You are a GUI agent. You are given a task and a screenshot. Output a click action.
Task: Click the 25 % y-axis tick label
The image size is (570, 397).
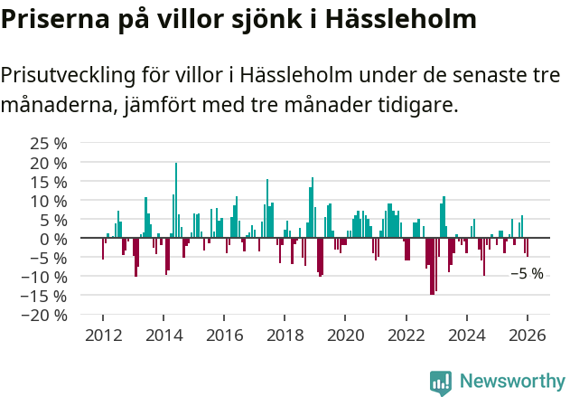tap(49, 144)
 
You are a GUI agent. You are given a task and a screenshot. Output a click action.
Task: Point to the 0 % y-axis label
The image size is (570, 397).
tap(54, 239)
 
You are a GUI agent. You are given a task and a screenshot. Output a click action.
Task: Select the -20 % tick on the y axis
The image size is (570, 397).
tap(44, 315)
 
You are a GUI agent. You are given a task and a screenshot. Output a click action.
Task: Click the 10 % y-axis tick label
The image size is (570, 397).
tap(49, 201)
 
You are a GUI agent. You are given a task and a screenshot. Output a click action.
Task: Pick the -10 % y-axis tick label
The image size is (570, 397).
tap(44, 277)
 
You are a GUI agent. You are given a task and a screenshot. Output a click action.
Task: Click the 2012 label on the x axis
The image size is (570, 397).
tap(103, 336)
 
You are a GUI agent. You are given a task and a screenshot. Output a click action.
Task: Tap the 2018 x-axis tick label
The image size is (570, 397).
tap(285, 336)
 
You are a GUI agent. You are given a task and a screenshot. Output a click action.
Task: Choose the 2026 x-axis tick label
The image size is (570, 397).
tap(528, 336)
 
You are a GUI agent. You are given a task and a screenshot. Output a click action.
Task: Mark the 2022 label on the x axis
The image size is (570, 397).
tap(406, 336)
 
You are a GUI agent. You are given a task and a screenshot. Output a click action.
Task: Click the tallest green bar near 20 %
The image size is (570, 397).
tap(176, 200)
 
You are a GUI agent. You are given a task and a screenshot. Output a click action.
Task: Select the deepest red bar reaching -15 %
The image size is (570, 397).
tap(433, 266)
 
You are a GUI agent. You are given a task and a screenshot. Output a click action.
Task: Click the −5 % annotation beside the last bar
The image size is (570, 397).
tap(527, 273)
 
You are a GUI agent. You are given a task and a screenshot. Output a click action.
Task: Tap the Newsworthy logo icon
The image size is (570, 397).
tap(441, 382)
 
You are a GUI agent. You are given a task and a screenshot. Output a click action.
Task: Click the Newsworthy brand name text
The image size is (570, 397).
tap(511, 382)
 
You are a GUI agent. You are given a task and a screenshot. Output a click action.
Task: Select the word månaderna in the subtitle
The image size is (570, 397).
tap(56, 106)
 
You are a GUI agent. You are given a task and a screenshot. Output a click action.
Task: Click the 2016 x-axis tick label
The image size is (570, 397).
tap(225, 336)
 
